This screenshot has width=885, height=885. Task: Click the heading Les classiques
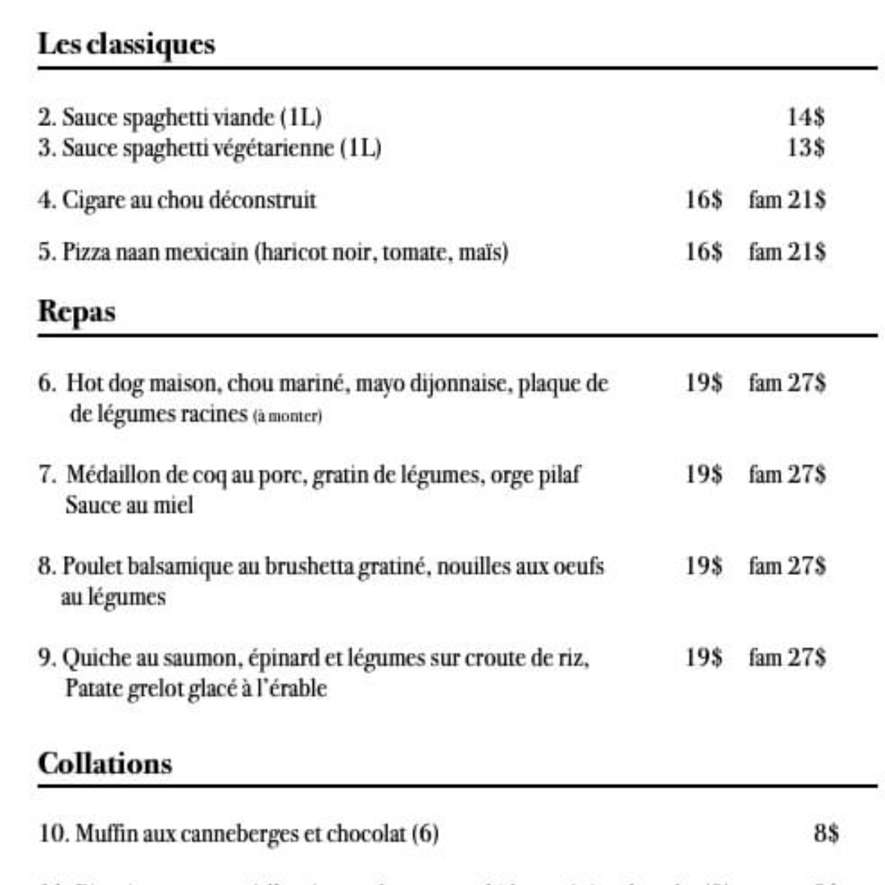126,44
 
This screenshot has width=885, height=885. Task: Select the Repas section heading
77,312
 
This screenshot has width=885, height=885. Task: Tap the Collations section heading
105,764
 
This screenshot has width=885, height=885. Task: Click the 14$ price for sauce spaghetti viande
806,117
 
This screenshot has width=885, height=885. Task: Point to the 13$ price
806,147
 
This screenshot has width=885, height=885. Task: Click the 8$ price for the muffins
826,833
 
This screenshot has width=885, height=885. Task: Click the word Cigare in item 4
84,201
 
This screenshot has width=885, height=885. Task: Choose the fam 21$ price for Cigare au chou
787,201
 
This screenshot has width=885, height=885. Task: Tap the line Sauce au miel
129,505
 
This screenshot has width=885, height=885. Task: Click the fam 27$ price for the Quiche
787,658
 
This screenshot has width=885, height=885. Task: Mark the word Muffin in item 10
97,834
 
